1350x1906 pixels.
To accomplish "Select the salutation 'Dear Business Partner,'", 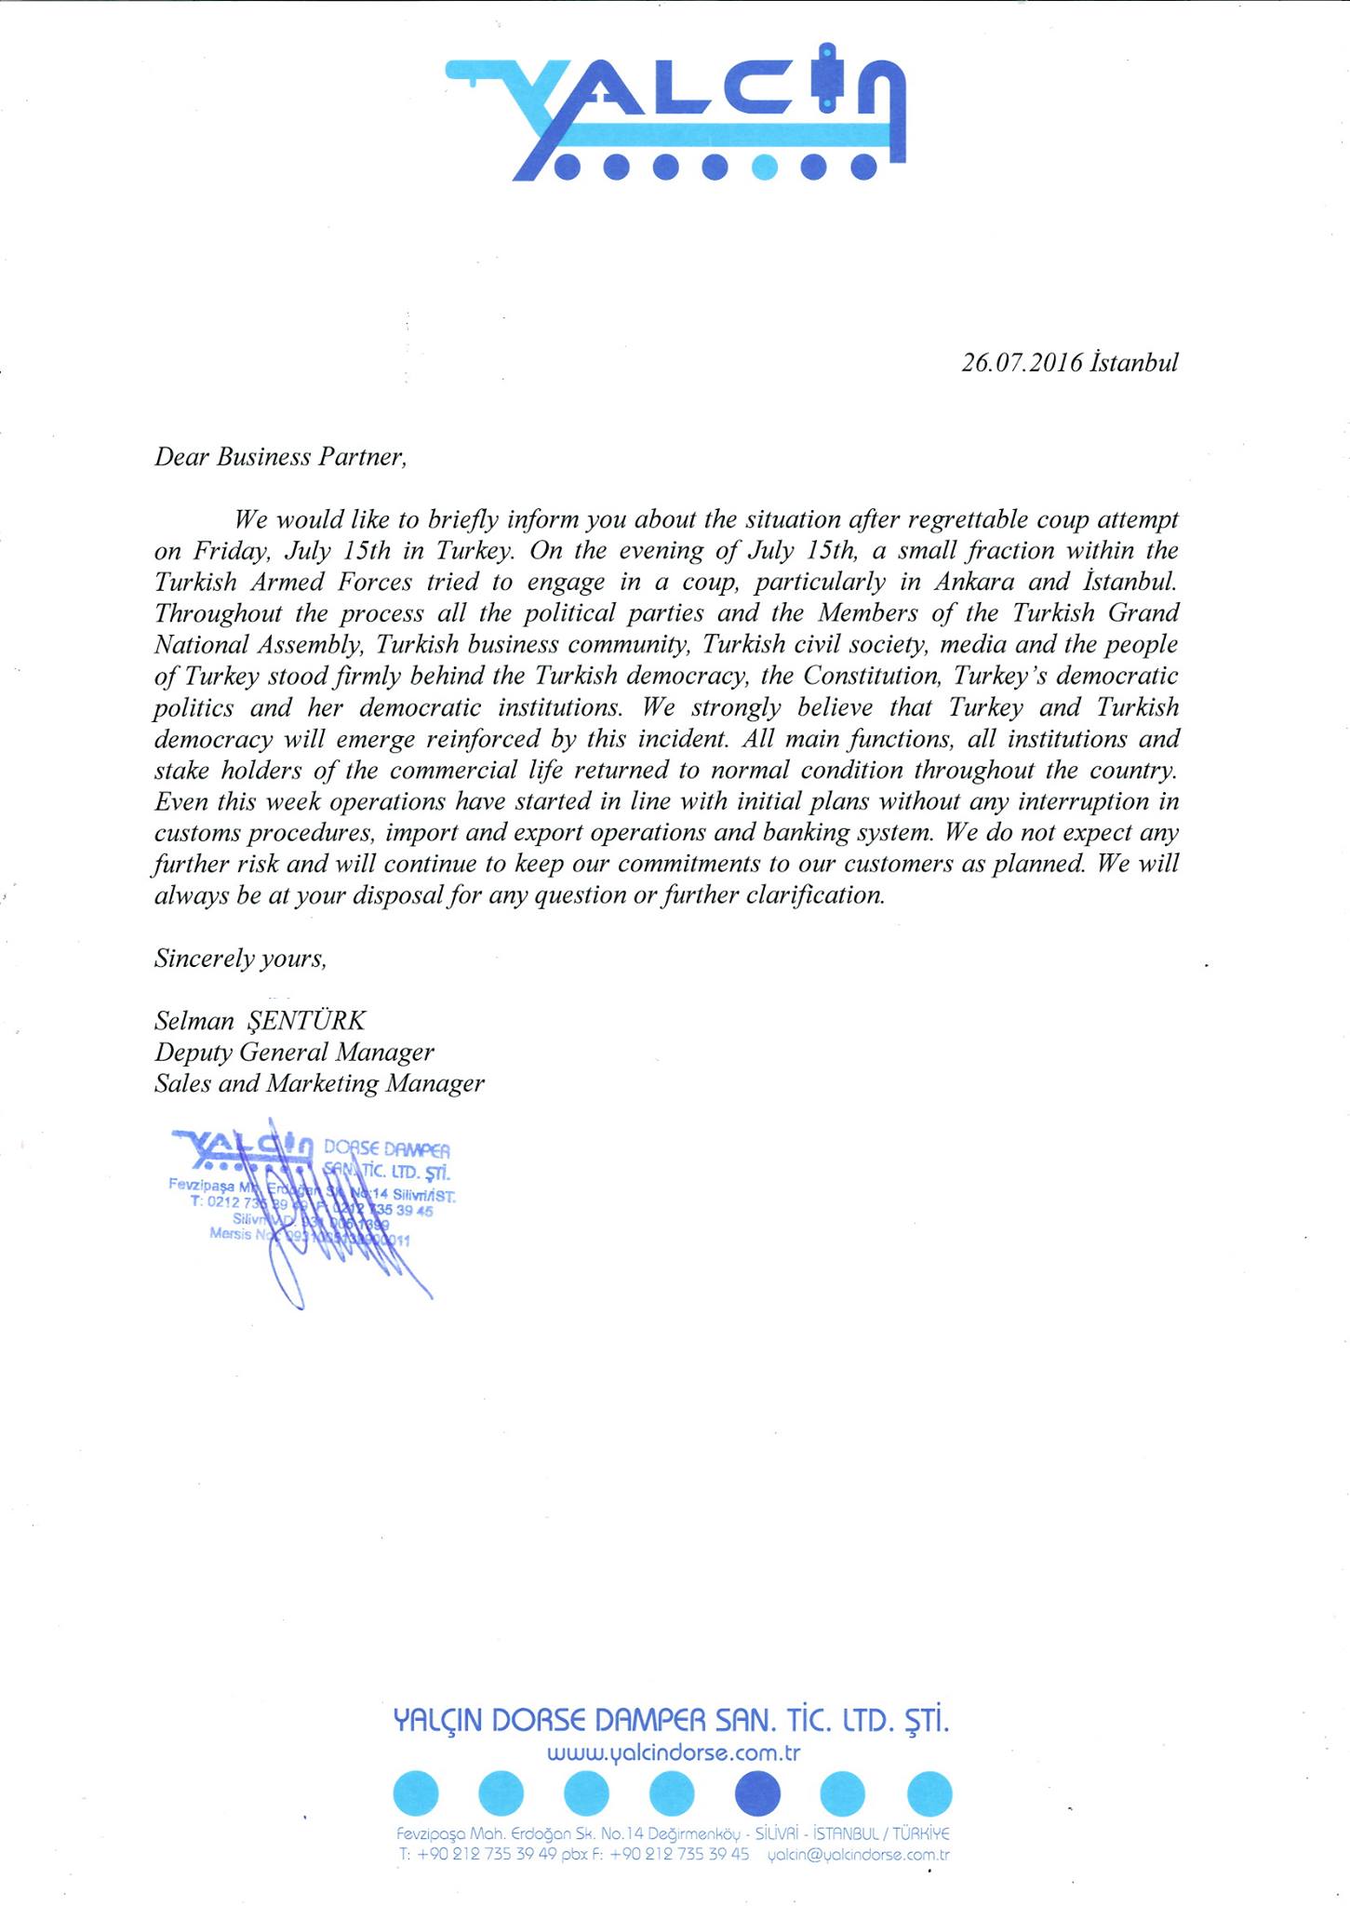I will [281, 457].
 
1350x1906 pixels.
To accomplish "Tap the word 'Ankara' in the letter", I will [977, 582].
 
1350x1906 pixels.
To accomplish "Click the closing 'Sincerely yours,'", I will [240, 959].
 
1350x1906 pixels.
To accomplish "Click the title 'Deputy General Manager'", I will [294, 1053].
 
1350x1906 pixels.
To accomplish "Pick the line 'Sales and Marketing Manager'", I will [319, 1084].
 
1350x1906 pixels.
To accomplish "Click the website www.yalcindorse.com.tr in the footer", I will [674, 1754].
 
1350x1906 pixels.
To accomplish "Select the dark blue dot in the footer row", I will [757, 1793].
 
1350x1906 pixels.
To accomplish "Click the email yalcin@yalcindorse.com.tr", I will [857, 1854].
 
